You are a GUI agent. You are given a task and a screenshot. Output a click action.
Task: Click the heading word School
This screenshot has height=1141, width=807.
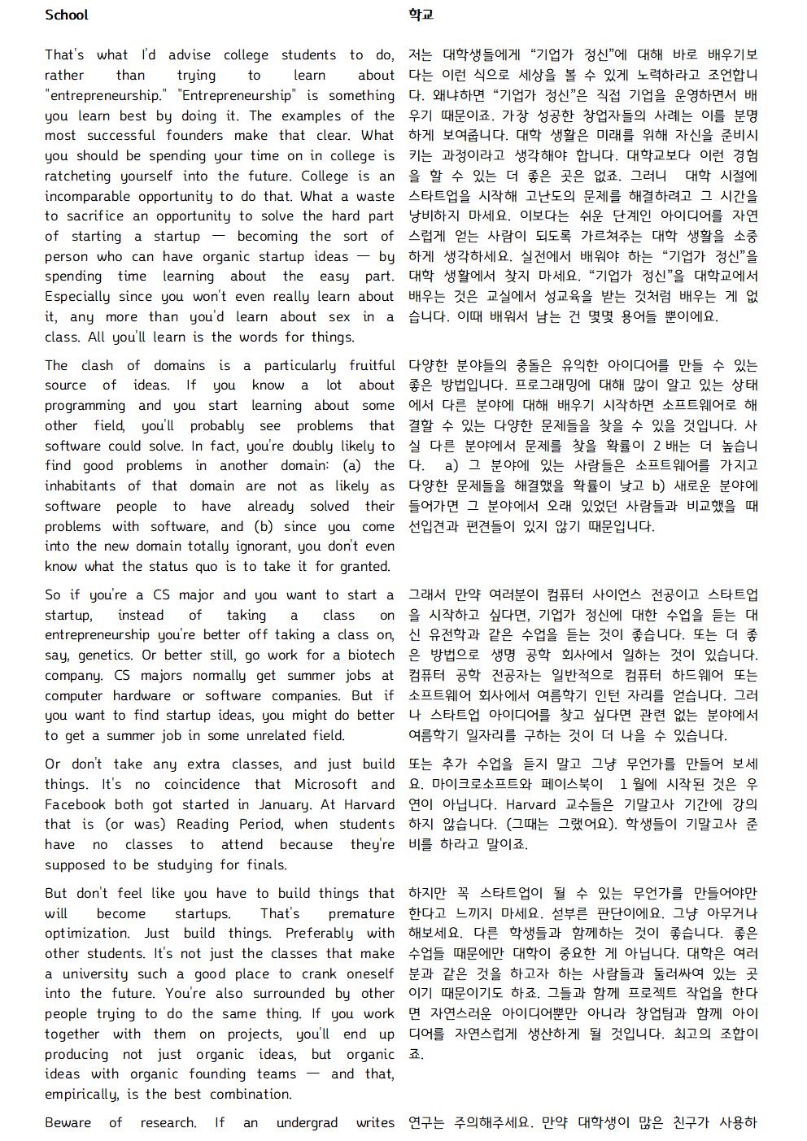tap(66, 15)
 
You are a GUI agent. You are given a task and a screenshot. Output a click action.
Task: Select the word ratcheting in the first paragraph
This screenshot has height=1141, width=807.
tap(81, 176)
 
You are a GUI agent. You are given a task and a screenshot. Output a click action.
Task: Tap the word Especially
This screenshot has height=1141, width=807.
tap(81, 297)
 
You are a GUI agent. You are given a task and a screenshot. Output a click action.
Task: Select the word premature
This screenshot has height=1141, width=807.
tap(361, 913)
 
